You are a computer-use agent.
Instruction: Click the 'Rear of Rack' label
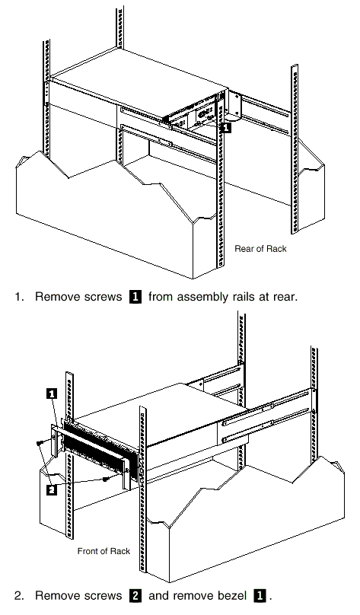(x=260, y=249)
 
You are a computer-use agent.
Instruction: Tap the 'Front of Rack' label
(x=104, y=551)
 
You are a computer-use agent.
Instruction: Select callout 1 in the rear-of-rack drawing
(x=227, y=127)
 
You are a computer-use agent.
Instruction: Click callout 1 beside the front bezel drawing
(x=52, y=394)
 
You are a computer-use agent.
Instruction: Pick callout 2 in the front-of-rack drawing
(x=52, y=490)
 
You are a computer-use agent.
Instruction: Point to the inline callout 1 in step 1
(x=135, y=297)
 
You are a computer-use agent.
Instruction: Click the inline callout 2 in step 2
(x=135, y=596)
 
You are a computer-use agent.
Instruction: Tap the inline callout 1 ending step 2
(x=260, y=596)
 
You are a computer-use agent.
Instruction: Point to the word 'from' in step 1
(x=161, y=297)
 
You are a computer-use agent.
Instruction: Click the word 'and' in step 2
(x=159, y=596)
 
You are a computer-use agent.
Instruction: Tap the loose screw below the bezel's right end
(x=106, y=480)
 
